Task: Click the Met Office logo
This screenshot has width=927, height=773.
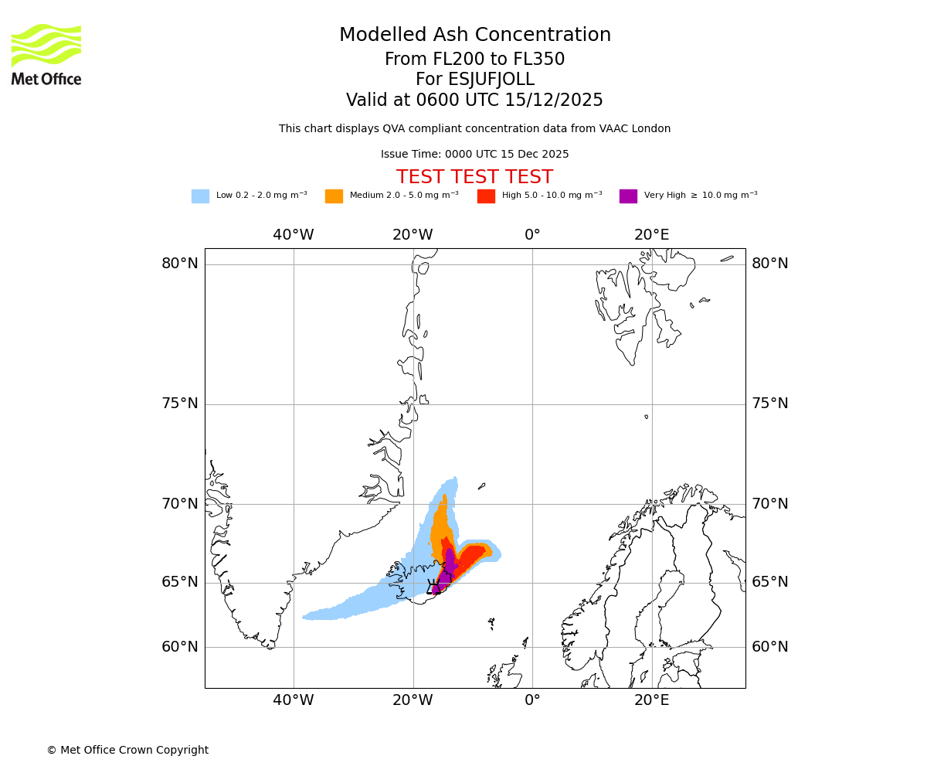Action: pos(46,54)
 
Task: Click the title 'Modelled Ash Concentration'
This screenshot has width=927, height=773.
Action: pos(475,35)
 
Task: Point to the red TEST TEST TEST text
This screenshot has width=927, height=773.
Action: pos(475,177)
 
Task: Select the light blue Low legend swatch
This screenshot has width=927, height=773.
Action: pos(200,196)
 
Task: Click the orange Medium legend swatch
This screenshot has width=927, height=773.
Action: pos(334,196)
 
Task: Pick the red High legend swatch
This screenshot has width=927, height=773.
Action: pos(486,196)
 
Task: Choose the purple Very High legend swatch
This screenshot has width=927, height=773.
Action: pos(628,196)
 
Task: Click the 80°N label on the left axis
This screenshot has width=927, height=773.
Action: pos(180,264)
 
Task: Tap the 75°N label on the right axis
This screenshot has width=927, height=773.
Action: pos(770,404)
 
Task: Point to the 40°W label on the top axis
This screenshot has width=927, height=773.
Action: pos(294,235)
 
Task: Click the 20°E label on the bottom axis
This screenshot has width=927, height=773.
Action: pos(652,700)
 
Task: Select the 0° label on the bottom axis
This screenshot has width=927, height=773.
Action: pos(532,700)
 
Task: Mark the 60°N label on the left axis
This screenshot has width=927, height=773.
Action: pos(180,647)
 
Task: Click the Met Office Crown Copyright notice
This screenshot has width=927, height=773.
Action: pos(127,750)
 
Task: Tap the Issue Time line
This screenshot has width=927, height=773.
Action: pos(475,154)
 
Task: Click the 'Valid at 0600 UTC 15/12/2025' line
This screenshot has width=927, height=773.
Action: pos(475,100)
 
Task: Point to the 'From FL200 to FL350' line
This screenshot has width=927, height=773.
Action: pos(475,60)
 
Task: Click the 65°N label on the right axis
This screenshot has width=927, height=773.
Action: pos(770,582)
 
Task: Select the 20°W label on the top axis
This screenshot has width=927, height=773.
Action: pos(413,235)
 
